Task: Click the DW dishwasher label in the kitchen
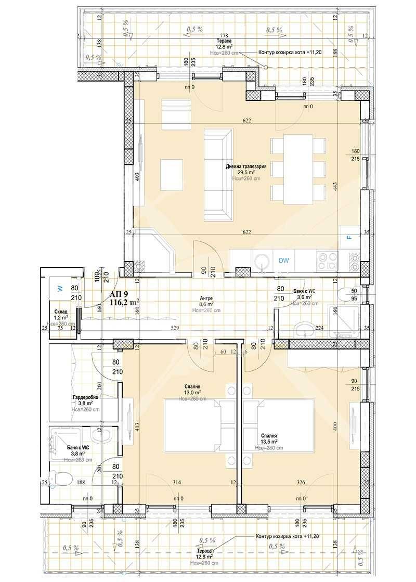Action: point(283,261)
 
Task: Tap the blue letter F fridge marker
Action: point(349,238)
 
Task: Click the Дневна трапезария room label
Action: point(246,166)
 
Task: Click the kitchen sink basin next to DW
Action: point(262,260)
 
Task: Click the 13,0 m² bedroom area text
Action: point(193,393)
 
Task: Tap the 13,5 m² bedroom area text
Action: point(269,441)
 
